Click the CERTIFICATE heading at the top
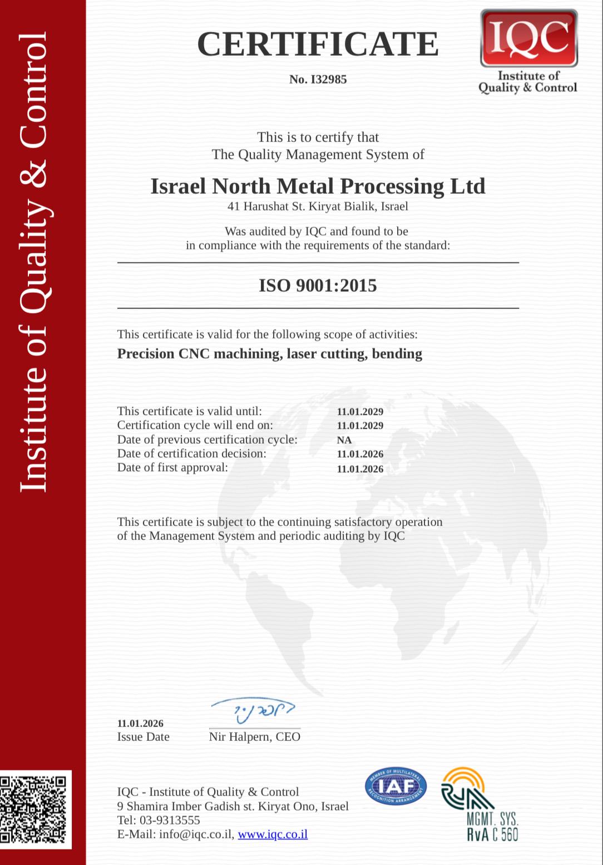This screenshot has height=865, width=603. (318, 44)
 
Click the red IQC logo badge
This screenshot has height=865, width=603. (528, 38)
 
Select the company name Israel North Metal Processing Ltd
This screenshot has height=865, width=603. (318, 186)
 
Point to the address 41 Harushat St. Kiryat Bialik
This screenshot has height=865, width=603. (318, 207)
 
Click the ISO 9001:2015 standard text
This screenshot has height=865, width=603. (318, 286)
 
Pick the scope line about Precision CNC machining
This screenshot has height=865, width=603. (269, 354)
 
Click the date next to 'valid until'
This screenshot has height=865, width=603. (360, 412)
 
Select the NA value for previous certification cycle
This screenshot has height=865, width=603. (344, 440)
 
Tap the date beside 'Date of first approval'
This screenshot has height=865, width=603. (360, 469)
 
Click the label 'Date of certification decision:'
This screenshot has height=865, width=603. (191, 454)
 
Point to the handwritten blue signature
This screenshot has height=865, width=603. (253, 710)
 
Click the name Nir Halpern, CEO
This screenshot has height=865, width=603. (254, 737)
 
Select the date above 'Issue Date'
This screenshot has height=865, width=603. (140, 724)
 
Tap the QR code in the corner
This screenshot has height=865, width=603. (33, 809)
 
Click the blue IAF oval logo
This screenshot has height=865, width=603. (396, 787)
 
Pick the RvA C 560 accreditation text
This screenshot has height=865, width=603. (492, 834)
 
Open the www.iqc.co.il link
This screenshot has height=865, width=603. (273, 834)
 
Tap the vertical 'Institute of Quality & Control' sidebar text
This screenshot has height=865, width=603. (33, 262)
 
